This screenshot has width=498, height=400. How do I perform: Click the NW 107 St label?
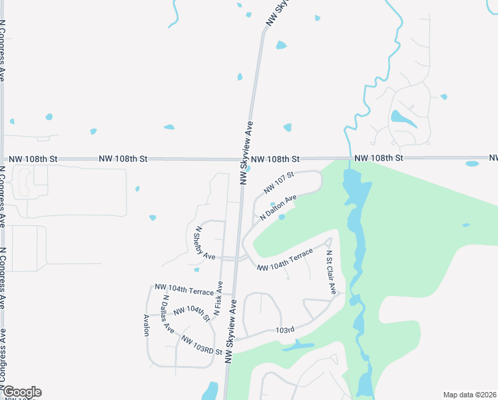[279, 185]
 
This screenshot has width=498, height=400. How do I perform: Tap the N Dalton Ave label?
[278, 209]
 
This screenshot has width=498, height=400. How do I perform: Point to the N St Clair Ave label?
[331, 273]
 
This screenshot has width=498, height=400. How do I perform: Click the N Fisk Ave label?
[218, 298]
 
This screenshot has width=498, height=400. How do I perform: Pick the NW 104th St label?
[192, 313]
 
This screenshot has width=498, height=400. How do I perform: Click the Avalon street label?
[146, 325]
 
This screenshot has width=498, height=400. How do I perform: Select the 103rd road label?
[284, 330]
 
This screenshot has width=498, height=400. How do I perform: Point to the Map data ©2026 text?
[469, 394]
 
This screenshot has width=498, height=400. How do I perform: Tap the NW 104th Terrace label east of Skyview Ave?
[284, 260]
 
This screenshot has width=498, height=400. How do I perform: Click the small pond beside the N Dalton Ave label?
[282, 217]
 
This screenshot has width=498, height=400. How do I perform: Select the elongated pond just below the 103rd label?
[297, 345]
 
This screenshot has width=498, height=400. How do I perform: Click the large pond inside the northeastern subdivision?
[402, 119]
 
